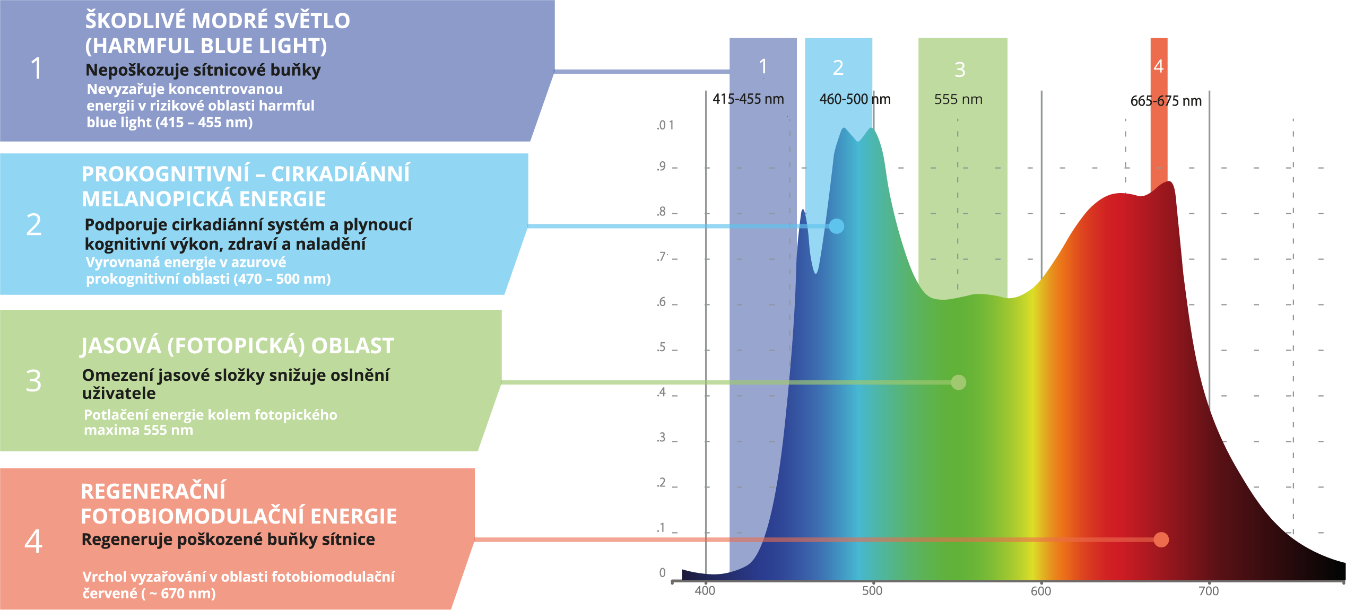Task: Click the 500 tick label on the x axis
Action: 872,591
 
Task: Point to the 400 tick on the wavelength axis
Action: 705,591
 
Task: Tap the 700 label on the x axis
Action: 1209,591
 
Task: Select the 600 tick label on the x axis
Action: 1040,591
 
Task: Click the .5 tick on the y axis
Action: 661,347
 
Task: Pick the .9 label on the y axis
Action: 661,166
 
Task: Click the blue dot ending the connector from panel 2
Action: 836,226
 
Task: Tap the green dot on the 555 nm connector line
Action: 958,382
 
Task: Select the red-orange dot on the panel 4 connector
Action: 1161,539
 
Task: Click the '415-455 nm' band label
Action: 748,99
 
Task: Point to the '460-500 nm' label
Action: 855,99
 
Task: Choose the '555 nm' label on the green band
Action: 958,99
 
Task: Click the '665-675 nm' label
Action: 1166,101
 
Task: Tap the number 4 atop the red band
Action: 1158,66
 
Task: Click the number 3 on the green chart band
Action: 960,69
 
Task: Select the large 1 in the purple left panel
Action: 36,68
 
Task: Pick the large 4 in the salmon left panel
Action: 33,541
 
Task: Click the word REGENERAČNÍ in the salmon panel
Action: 153,492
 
